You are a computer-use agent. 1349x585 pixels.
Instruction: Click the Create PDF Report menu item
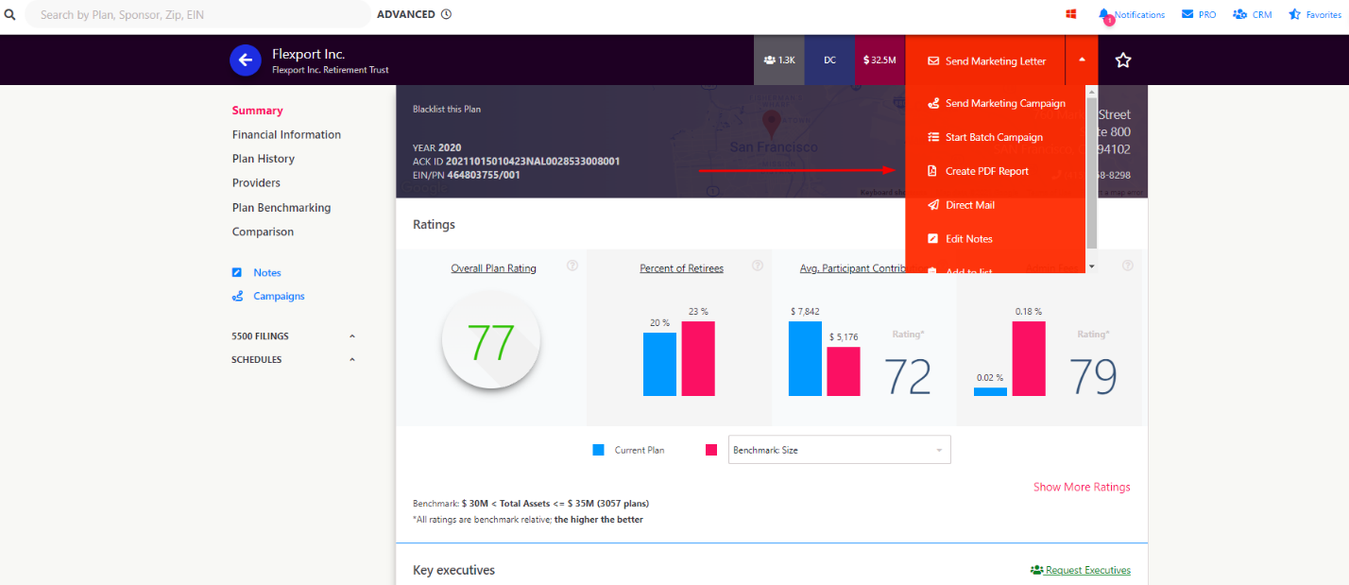(x=986, y=171)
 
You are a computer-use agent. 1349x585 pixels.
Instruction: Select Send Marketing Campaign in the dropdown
(x=1004, y=104)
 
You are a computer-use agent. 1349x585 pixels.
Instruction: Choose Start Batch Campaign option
(x=993, y=137)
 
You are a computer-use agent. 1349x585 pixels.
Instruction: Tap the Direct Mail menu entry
(x=969, y=205)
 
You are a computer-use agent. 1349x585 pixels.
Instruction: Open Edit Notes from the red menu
(x=968, y=239)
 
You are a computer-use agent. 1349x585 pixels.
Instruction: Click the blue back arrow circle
(x=246, y=60)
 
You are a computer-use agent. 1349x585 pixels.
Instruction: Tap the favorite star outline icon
(x=1122, y=60)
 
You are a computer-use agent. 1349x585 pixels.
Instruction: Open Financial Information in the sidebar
(x=286, y=135)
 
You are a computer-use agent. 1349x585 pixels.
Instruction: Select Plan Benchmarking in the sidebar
(x=281, y=208)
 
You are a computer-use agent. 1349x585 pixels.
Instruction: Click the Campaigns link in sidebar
(x=278, y=296)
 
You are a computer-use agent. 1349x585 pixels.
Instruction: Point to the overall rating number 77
(x=491, y=342)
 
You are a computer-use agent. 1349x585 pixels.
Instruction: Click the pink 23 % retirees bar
(x=698, y=358)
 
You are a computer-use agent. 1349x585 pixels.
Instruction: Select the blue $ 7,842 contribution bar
(x=805, y=358)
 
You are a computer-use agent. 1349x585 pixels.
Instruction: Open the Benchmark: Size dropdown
(x=839, y=450)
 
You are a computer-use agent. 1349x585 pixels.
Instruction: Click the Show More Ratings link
(x=1081, y=488)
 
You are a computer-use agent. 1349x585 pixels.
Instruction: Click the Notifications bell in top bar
(x=1131, y=15)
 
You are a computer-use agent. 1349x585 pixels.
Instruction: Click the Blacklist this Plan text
(x=447, y=110)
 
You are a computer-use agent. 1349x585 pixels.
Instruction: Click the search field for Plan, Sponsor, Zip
(x=198, y=15)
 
